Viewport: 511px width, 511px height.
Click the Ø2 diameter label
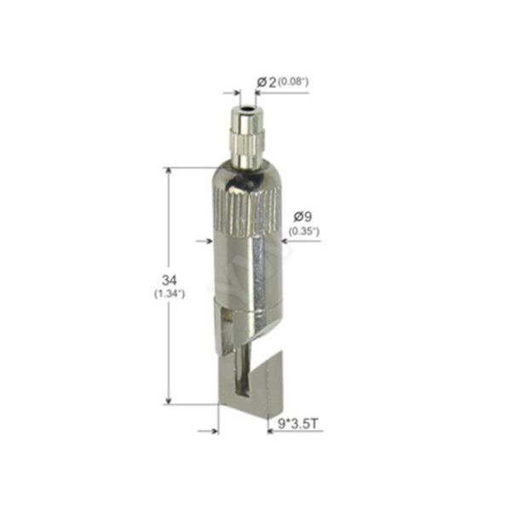pyautogui.click(x=267, y=82)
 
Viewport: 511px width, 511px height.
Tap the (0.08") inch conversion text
pyautogui.click(x=293, y=82)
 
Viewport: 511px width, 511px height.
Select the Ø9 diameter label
pyautogui.click(x=302, y=216)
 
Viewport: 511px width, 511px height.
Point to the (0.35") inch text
pyautogui.click(x=304, y=232)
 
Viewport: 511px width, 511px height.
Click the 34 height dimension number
pyautogui.click(x=169, y=280)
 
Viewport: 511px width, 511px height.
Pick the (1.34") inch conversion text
pyautogui.click(x=169, y=294)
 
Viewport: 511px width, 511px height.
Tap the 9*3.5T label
pyautogui.click(x=298, y=423)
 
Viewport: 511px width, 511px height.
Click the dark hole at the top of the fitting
pyautogui.click(x=247, y=107)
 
